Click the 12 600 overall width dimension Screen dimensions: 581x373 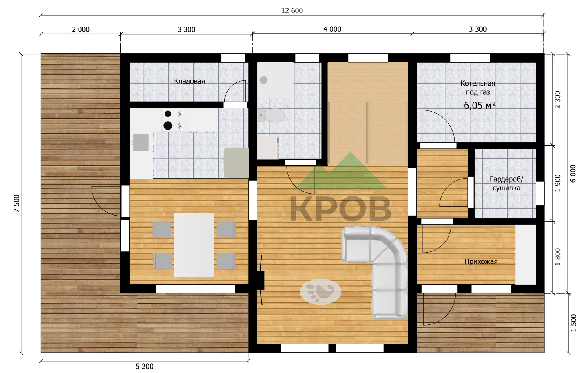tap(292, 11)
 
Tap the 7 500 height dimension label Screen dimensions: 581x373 tap(17, 203)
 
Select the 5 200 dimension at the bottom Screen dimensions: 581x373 tap(145, 367)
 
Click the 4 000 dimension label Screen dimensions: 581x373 tap(332, 29)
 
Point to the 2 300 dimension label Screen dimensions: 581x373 tap(558, 100)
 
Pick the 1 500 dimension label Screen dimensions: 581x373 tap(574, 323)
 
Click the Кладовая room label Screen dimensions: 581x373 tap(189, 81)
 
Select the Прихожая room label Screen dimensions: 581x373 tap(481, 261)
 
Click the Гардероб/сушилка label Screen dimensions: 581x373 tap(506, 183)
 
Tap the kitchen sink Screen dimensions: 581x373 tap(141, 143)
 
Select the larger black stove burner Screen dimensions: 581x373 tap(168, 126)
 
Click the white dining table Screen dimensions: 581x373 tap(194, 245)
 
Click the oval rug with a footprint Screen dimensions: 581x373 tap(320, 292)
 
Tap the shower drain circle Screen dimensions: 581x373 tap(263, 80)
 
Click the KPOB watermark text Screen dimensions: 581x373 tap(341, 209)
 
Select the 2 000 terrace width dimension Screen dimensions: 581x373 tap(80, 30)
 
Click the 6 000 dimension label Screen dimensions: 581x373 tap(574, 173)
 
